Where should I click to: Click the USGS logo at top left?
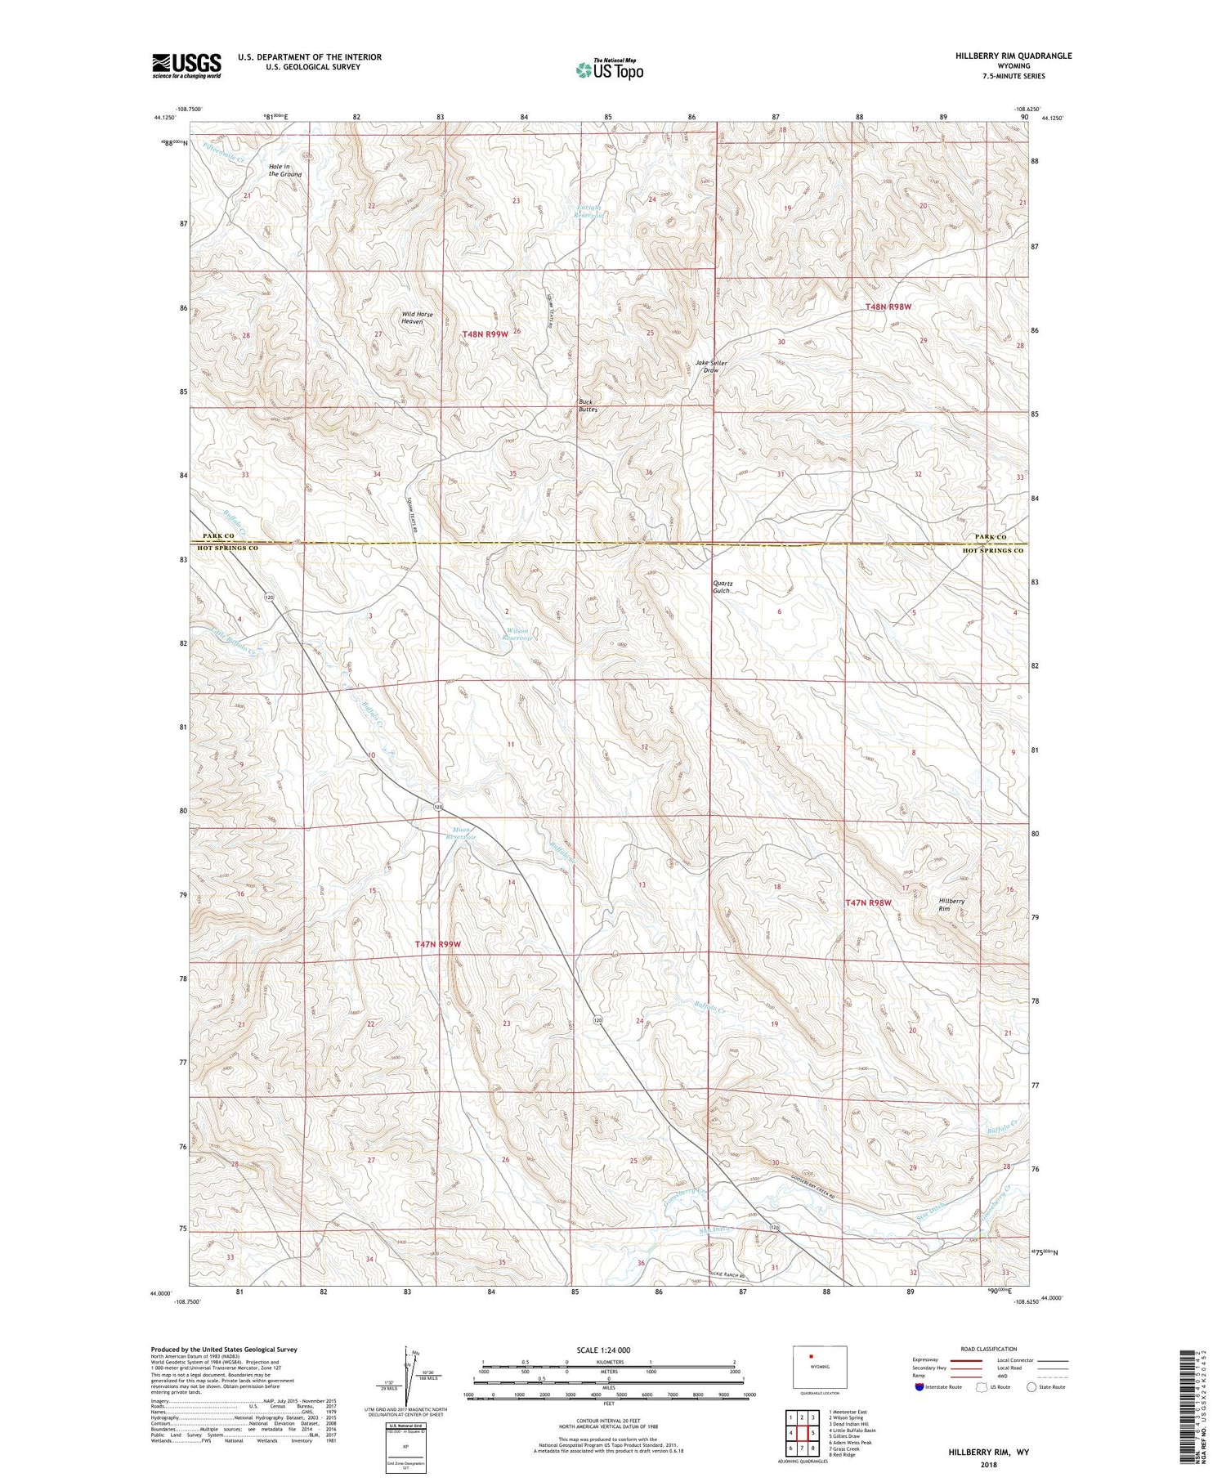[186, 65]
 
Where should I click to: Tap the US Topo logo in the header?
[609, 69]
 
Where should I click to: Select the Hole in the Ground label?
[285, 170]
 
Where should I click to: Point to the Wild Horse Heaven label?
[417, 318]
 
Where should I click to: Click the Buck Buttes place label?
[588, 405]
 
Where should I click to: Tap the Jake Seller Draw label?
[711, 366]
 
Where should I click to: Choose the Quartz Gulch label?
[723, 587]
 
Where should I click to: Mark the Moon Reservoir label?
[463, 833]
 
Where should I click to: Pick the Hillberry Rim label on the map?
[951, 905]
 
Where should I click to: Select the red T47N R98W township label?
[867, 902]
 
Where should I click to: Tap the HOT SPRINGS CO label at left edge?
[225, 548]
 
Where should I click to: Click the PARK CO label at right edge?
[990, 536]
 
